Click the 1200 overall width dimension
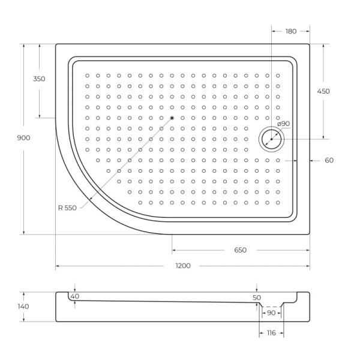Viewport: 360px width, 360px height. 183,266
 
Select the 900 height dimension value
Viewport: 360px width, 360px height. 23,138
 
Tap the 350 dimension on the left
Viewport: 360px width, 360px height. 40,79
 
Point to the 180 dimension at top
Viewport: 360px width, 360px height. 291,31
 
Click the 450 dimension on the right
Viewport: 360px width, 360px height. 323,91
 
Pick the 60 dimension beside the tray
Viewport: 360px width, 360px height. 329,160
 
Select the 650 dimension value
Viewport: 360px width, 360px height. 241,250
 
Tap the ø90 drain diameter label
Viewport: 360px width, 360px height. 283,124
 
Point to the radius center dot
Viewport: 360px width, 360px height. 172,118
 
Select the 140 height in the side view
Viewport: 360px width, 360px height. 23,307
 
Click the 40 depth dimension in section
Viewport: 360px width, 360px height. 74,296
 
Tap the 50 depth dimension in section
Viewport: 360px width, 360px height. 257,298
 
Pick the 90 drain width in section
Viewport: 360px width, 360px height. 271,313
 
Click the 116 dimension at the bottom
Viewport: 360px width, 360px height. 271,333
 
